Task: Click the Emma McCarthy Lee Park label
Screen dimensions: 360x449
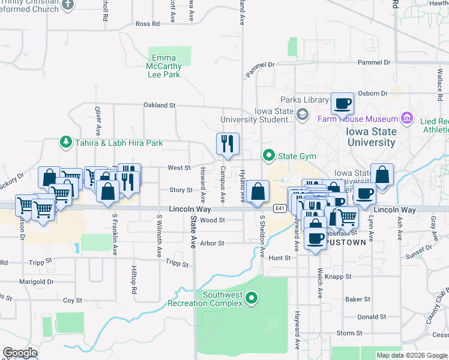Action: (164, 67)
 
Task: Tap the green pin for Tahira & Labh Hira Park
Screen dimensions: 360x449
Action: (65, 142)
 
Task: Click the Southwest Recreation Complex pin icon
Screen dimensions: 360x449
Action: (252, 297)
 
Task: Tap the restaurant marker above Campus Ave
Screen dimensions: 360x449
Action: (228, 144)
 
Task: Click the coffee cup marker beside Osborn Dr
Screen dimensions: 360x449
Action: (342, 104)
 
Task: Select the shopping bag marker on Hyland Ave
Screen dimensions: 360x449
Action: (257, 192)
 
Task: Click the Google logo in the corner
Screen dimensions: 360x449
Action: (20, 353)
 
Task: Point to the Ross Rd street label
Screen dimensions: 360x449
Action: (147, 24)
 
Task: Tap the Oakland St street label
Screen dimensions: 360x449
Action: (158, 105)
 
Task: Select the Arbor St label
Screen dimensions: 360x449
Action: (212, 243)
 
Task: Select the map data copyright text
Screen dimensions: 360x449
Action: (411, 355)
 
